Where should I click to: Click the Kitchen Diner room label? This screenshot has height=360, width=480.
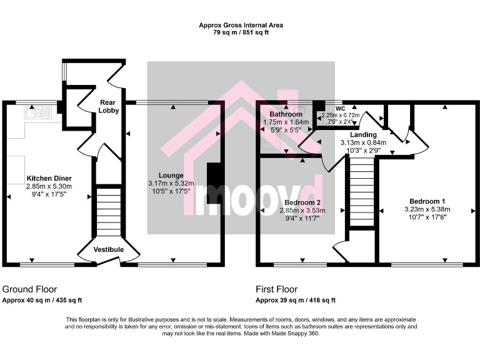point(49,177)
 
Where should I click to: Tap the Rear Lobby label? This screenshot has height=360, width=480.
point(109,106)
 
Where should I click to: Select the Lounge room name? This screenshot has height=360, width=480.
point(171,175)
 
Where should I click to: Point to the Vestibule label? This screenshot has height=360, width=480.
point(109,250)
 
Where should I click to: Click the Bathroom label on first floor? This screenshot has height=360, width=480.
point(286,114)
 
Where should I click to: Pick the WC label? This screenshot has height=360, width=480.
point(340,108)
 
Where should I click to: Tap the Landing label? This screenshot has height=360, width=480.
point(363,134)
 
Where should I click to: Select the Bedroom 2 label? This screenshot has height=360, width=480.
point(302,203)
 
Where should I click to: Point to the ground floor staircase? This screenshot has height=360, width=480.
point(108,212)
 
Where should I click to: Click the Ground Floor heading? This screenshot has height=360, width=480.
point(30,289)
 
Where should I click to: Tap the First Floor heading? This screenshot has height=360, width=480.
point(276,289)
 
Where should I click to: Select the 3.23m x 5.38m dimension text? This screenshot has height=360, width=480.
point(424,209)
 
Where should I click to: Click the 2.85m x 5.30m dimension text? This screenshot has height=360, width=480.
point(49,186)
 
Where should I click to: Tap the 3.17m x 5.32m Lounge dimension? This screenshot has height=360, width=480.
point(171,183)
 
